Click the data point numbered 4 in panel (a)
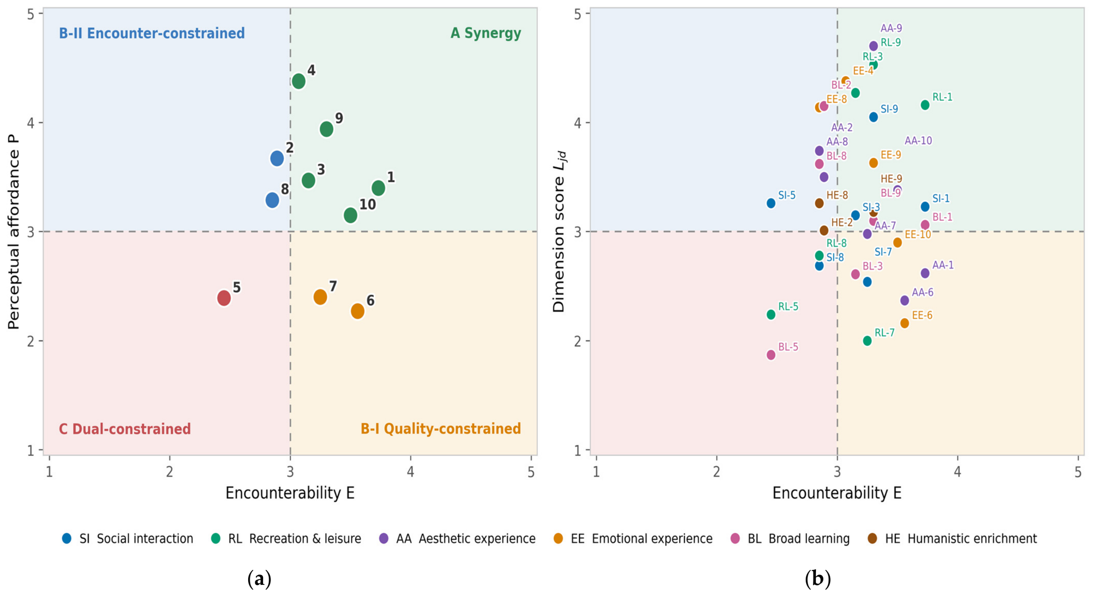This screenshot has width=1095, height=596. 299,81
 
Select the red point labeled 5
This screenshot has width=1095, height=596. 224,298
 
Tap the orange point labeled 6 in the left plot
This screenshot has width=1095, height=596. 357,311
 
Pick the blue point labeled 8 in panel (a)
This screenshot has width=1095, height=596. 272,200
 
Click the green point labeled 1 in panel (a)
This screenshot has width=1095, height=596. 378,189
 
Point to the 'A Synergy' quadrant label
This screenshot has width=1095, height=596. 486,33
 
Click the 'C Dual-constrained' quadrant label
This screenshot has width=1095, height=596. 125,429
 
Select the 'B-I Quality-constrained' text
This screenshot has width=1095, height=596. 440,429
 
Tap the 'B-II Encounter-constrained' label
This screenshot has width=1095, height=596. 152,33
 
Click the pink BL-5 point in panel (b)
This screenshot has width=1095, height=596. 771,355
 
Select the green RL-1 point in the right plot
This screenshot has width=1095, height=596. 925,105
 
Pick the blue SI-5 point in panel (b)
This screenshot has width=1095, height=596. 771,203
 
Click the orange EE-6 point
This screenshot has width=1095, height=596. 904,323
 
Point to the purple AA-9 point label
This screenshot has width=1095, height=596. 891,28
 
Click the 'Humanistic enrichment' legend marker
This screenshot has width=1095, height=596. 872,539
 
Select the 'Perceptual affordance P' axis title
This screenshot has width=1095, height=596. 14,231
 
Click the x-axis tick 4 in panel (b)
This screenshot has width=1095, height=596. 957,472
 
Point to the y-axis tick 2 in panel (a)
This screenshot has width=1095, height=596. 31,341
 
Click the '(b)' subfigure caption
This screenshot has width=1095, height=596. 817,579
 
